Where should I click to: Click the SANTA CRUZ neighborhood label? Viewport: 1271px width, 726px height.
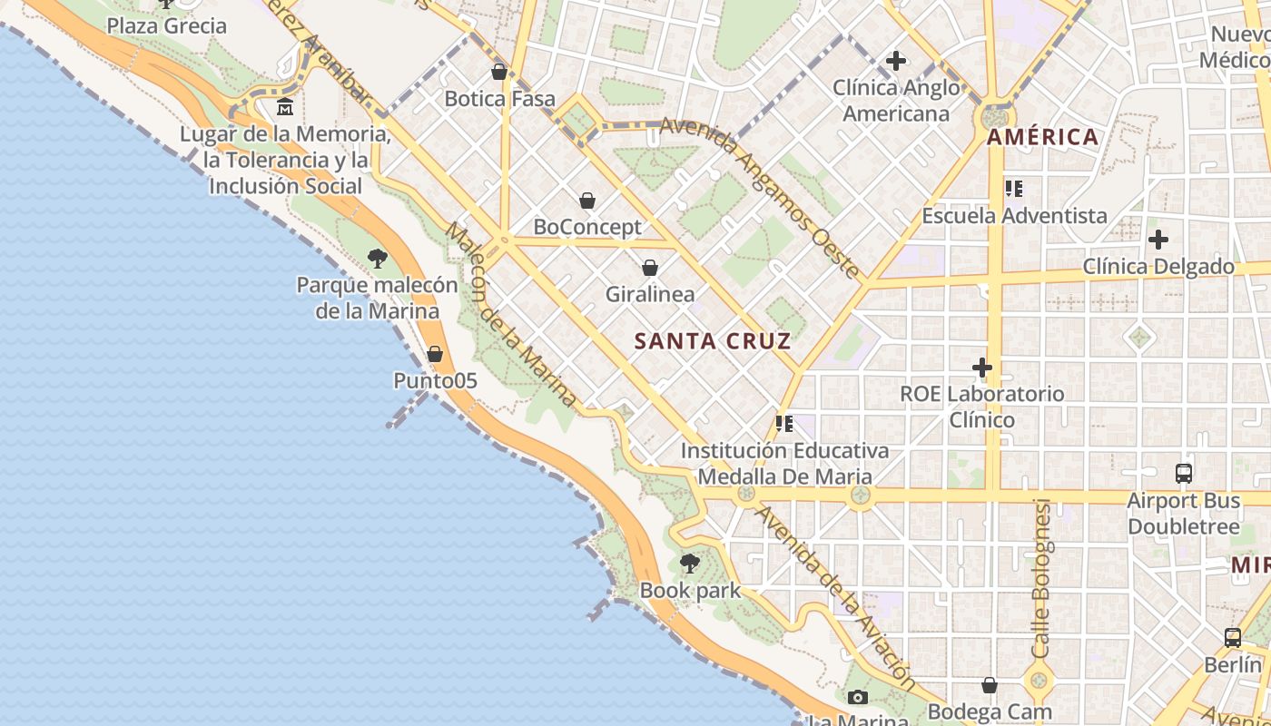click(x=713, y=341)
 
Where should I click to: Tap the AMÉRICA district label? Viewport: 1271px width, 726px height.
click(x=1042, y=138)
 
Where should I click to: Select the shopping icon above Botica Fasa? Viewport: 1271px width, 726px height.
click(x=498, y=72)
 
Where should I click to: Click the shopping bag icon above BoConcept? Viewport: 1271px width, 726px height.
click(x=587, y=201)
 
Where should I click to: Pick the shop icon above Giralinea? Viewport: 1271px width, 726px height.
click(x=650, y=268)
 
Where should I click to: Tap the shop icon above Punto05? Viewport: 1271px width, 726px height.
click(x=435, y=354)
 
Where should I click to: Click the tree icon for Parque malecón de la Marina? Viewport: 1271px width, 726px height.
click(x=378, y=259)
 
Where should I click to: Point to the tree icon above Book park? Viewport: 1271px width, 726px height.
click(x=690, y=564)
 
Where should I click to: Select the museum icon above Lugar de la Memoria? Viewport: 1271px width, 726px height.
click(x=285, y=107)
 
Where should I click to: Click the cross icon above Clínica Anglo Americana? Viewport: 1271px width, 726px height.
click(x=896, y=61)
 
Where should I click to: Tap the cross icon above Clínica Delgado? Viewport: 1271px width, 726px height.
click(x=1158, y=240)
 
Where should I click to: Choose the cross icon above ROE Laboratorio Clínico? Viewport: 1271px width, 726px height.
click(x=982, y=368)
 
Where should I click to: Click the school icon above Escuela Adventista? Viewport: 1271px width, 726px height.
click(x=1014, y=189)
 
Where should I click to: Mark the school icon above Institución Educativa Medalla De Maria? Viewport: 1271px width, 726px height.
click(x=785, y=424)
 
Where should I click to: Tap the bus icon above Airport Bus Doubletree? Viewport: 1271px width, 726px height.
click(x=1184, y=474)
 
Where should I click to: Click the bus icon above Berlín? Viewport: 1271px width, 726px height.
click(x=1233, y=638)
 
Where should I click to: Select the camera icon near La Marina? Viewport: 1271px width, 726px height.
click(x=857, y=698)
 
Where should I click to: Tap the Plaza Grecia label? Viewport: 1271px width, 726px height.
click(x=167, y=25)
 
